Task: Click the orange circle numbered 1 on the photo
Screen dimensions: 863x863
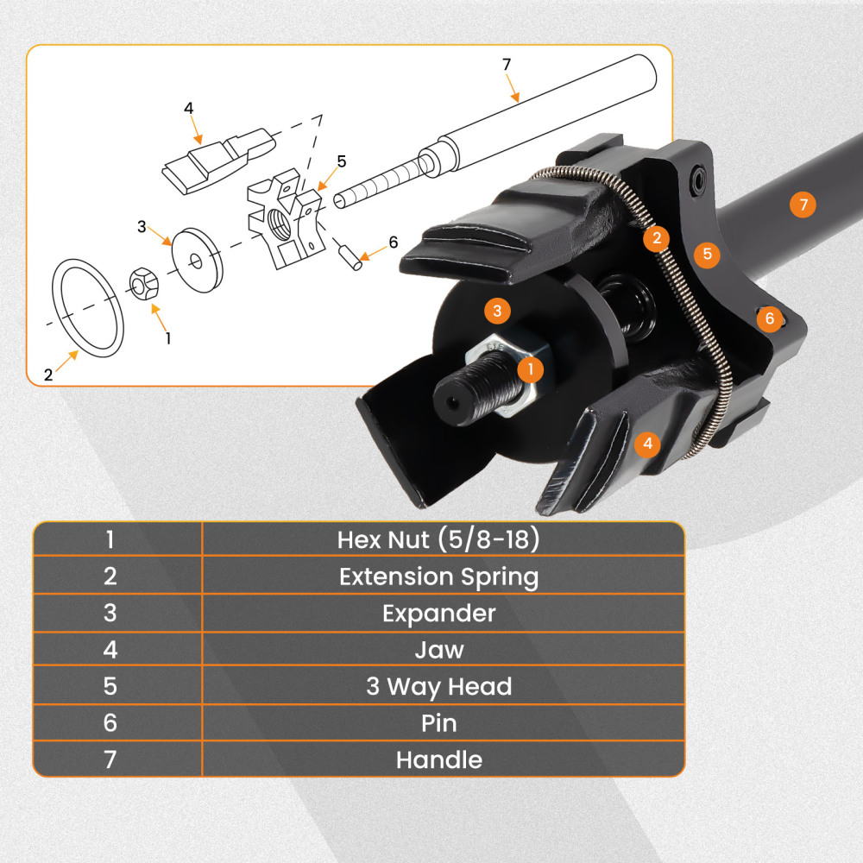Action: (531, 369)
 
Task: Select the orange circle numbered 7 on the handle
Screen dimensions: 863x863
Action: (803, 205)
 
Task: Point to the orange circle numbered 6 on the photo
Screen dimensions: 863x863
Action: (770, 318)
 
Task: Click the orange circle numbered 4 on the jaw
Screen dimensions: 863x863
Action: (647, 444)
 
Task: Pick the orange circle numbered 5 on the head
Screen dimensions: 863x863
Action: (707, 254)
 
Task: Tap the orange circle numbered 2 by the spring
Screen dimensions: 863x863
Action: (657, 238)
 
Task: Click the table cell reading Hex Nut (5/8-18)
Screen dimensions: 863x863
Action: (438, 540)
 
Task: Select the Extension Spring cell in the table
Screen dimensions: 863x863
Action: (438, 576)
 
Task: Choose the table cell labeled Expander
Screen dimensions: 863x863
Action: (438, 614)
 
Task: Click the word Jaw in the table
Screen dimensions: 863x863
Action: (438, 650)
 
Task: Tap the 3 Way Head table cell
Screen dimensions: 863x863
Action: (438, 687)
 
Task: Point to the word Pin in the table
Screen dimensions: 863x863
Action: (438, 723)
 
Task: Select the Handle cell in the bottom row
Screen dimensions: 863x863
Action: (438, 760)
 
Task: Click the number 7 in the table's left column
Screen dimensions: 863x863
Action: (110, 760)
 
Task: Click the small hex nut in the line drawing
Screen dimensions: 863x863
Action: (143, 286)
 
